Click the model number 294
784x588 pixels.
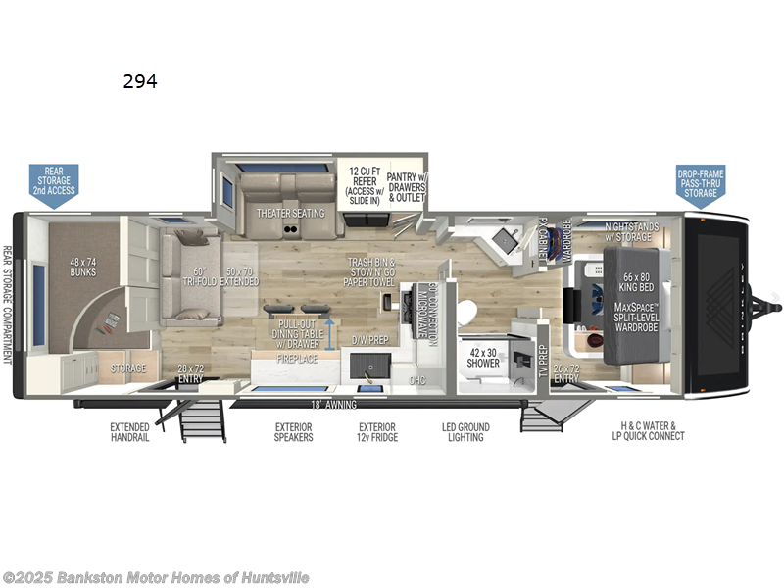coord(140,82)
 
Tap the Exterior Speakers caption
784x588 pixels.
coord(293,432)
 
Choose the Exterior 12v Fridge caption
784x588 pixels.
coord(377,432)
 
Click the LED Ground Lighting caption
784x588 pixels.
coord(465,432)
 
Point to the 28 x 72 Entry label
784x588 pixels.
coord(189,372)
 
